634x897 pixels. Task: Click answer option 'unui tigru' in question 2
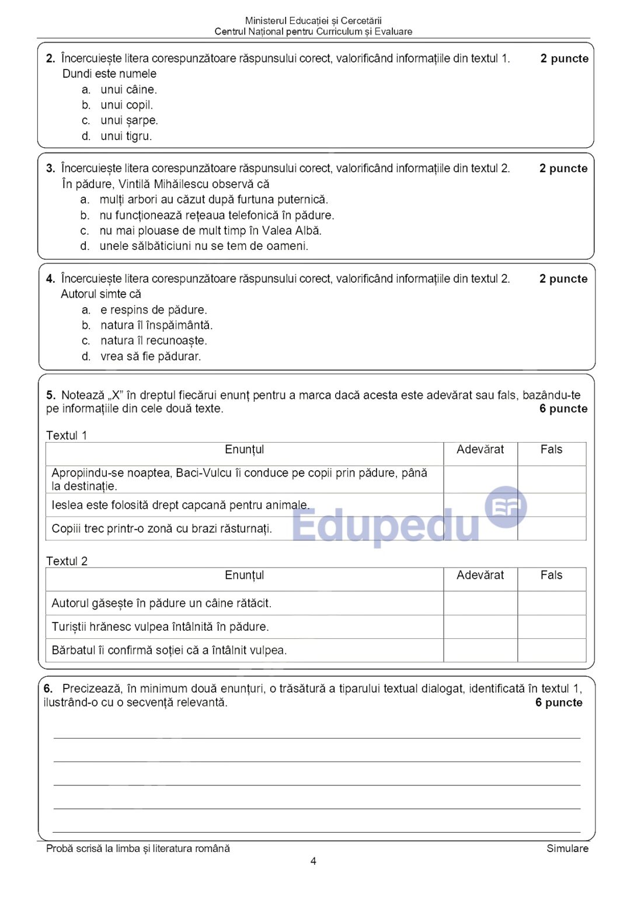126,136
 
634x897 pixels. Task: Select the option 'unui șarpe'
128,120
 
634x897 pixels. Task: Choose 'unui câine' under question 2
128,89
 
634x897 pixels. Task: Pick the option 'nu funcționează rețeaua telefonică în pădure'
216,215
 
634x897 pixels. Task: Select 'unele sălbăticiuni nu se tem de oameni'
203,246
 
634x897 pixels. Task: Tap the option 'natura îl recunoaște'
153,340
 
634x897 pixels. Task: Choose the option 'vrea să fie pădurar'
150,356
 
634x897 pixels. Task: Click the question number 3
50,169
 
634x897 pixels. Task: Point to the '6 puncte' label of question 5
563,409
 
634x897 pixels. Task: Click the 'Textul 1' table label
67,436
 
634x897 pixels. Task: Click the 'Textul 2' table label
67,561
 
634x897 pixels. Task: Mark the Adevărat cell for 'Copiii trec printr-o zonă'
480,529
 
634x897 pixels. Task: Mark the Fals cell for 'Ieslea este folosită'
551,505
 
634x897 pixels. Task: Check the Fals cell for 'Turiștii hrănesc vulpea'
551,627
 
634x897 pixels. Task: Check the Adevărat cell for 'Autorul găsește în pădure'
480,603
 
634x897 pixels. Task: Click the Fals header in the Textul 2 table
551,575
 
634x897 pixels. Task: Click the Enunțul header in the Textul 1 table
244,450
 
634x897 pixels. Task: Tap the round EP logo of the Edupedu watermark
506,507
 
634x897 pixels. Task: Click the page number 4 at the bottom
313,861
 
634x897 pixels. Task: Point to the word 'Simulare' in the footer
567,849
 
